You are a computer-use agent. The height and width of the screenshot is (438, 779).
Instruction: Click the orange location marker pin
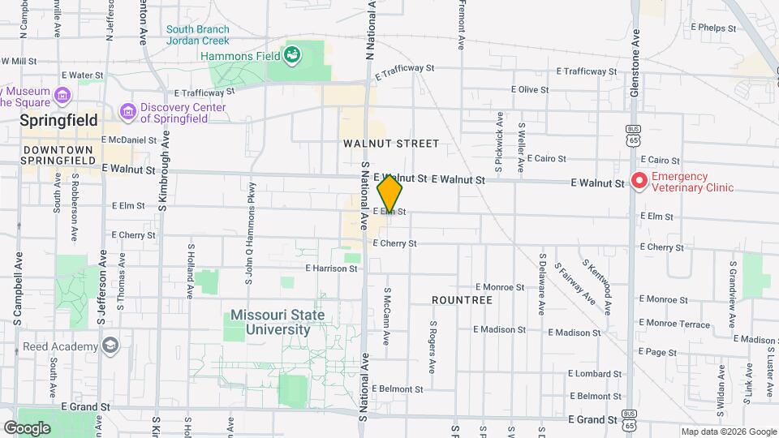[x=389, y=193]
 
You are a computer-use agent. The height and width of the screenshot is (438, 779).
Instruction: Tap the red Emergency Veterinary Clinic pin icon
[x=639, y=181]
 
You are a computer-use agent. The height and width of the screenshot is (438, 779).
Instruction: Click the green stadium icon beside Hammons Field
[x=291, y=55]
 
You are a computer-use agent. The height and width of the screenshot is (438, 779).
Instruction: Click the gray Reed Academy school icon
[x=110, y=346]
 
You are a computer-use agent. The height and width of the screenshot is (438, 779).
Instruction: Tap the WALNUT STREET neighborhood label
[x=390, y=144]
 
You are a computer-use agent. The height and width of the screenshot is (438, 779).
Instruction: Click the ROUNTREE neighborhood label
[x=462, y=300]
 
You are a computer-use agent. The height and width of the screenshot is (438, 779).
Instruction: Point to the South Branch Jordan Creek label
[x=197, y=35]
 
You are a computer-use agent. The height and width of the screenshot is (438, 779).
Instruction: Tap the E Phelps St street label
[x=712, y=28]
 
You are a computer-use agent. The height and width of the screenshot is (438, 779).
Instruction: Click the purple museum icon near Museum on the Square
[x=62, y=97]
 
